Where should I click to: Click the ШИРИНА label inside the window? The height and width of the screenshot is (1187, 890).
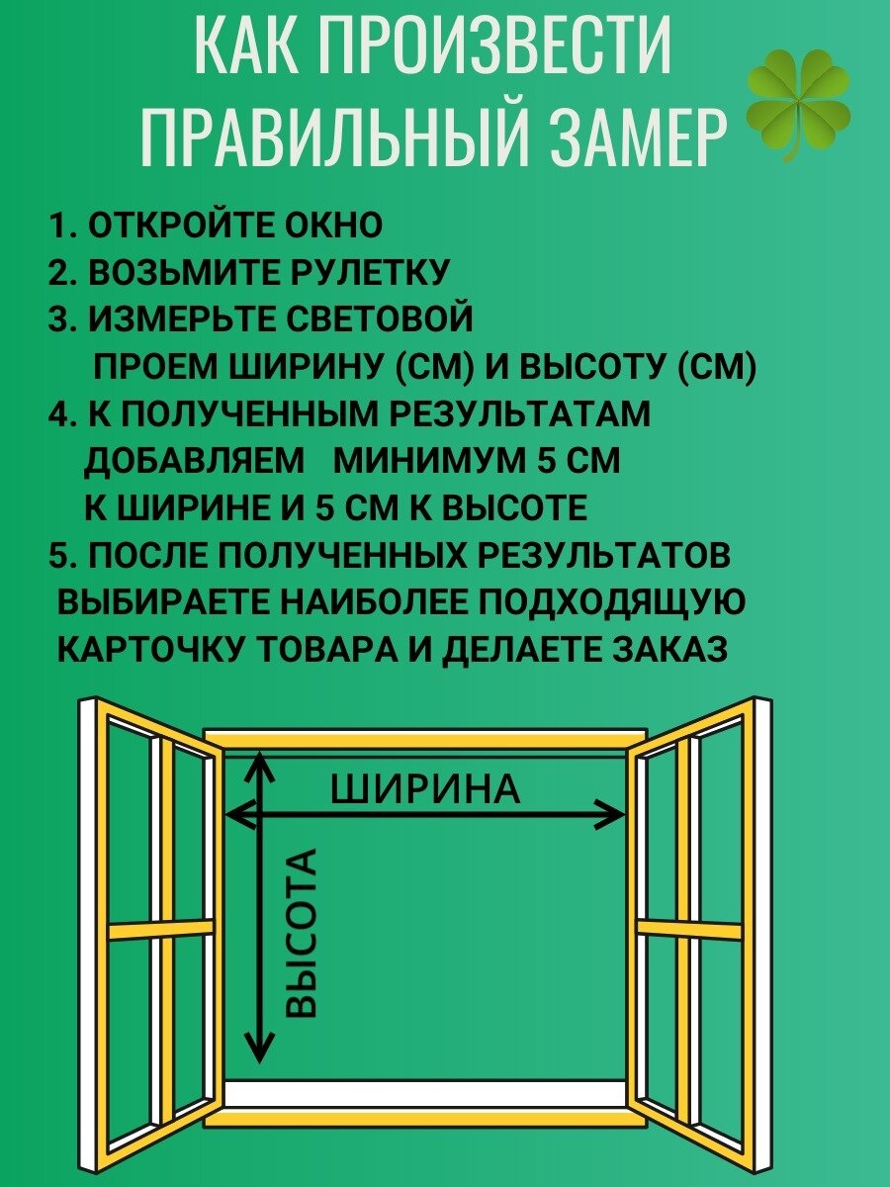click(424, 789)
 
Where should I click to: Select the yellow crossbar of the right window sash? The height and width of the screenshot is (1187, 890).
click(688, 930)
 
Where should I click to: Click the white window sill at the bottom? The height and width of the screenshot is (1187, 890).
click(425, 1093)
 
